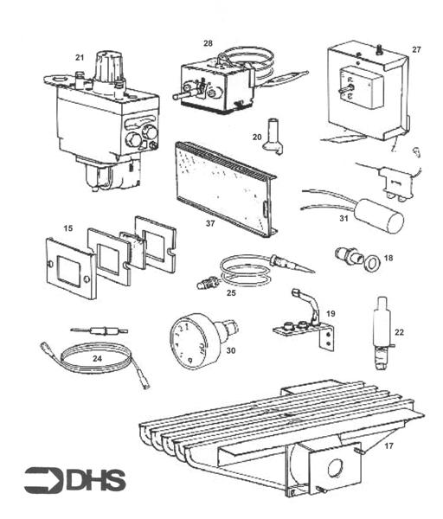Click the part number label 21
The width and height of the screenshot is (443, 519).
point(80,57)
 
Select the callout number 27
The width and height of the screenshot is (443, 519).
point(416,50)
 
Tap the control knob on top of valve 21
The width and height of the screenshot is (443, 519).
point(110,67)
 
